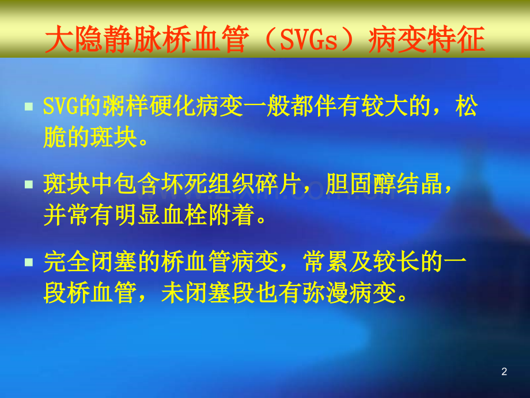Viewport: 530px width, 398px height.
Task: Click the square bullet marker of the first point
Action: point(29,107)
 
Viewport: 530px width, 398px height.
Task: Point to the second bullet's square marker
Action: point(29,185)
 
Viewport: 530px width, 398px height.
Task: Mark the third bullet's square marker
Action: point(29,262)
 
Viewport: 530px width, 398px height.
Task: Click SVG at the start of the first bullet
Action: point(61,106)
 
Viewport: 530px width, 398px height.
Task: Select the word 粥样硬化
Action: point(149,106)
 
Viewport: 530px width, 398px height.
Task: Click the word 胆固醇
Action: point(360,184)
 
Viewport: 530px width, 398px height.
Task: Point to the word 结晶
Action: point(419,184)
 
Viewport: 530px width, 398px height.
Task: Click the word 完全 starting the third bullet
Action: point(67,262)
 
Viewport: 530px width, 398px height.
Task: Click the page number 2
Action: point(504,371)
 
